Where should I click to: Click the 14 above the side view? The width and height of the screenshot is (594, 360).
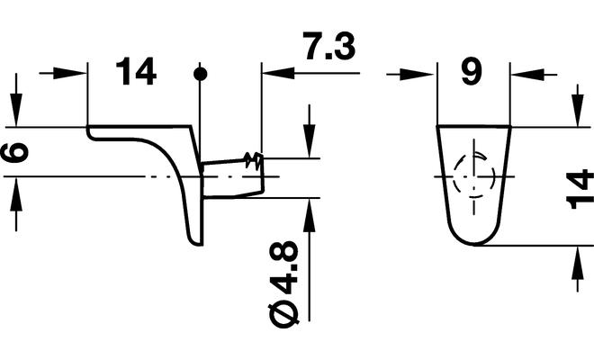[136, 72]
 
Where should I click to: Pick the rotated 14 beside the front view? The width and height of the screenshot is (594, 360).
[581, 188]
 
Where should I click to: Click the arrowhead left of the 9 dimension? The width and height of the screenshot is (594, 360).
[423, 73]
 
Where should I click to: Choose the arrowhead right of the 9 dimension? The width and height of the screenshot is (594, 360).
[522, 73]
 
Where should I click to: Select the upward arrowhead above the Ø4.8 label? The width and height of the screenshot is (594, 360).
[309, 209]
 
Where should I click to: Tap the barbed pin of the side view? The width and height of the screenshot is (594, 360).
[233, 176]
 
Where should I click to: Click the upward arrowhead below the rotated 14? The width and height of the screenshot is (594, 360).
[576, 256]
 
